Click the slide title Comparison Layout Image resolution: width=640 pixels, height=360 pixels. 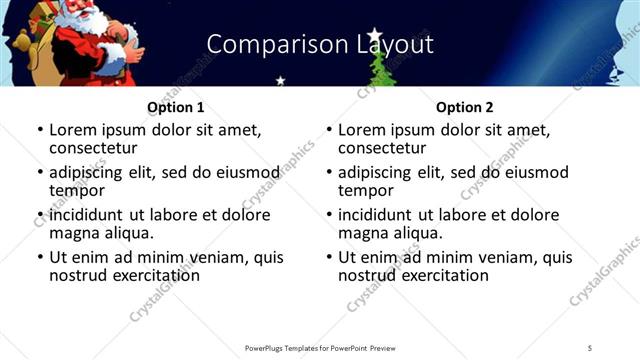319,45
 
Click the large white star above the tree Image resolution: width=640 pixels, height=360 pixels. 376,36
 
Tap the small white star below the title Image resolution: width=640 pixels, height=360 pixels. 281,80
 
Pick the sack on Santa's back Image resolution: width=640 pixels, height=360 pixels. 25,45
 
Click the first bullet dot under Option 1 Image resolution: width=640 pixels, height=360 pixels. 39,130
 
